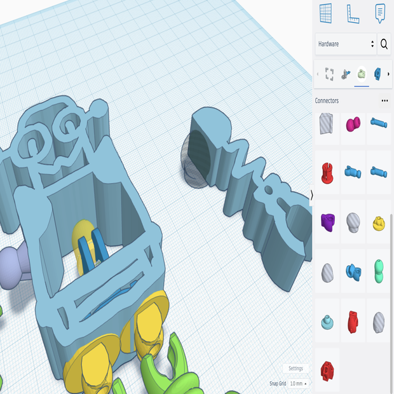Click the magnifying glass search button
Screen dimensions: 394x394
click(x=384, y=44)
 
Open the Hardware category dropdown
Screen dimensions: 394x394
click(x=346, y=44)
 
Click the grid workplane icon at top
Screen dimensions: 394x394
click(x=326, y=13)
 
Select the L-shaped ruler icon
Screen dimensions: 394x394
click(x=353, y=13)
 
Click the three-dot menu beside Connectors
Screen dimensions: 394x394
click(x=384, y=101)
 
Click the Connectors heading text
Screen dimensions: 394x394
click(x=327, y=101)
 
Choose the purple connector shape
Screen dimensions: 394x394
click(x=327, y=221)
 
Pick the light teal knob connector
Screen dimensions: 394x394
click(x=327, y=322)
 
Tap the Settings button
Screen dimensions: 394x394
click(x=295, y=369)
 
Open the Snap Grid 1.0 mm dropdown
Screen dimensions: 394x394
click(x=298, y=384)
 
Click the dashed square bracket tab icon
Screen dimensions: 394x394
click(x=329, y=74)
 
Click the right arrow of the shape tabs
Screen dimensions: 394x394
click(x=388, y=74)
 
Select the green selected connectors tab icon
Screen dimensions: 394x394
click(x=362, y=74)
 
